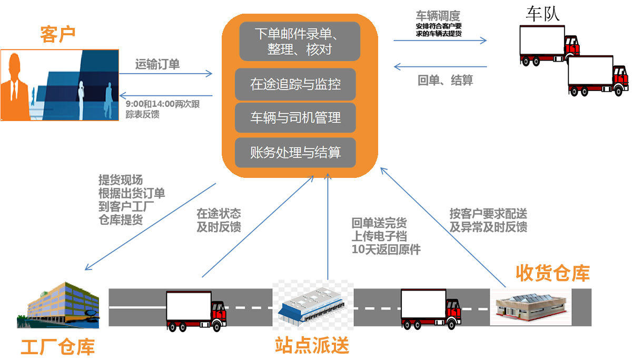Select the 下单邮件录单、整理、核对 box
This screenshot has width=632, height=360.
[299, 42]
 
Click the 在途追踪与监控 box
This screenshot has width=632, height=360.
[295, 84]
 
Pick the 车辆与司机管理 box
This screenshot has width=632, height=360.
[295, 117]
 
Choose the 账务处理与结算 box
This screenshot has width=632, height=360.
[295, 153]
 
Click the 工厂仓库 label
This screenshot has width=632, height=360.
[57, 347]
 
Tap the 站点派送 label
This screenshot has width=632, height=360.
[312, 346]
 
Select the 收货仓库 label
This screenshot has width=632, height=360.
[552, 273]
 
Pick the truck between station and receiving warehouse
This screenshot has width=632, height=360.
[430, 308]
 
